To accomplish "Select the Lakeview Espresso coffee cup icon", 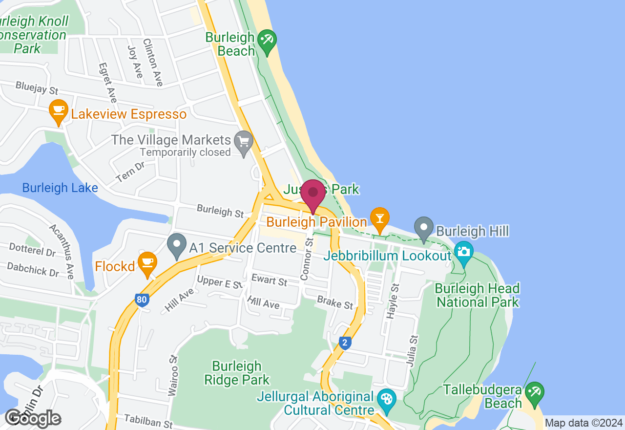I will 58,111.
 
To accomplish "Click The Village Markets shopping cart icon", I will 244,142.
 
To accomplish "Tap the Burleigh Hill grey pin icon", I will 423,228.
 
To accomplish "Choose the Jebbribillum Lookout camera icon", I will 463,252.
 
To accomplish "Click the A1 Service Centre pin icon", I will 176,246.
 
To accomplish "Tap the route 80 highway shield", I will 142,300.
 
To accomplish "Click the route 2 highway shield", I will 345,343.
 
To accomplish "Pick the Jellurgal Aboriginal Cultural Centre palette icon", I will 386,398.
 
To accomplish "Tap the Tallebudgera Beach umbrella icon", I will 534,393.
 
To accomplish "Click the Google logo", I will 33,418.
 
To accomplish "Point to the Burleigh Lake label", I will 60,188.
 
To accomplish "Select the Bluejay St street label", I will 37,88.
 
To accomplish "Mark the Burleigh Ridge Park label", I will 237,373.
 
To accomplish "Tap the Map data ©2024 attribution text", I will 583,423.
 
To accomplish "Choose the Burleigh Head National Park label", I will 478,295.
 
